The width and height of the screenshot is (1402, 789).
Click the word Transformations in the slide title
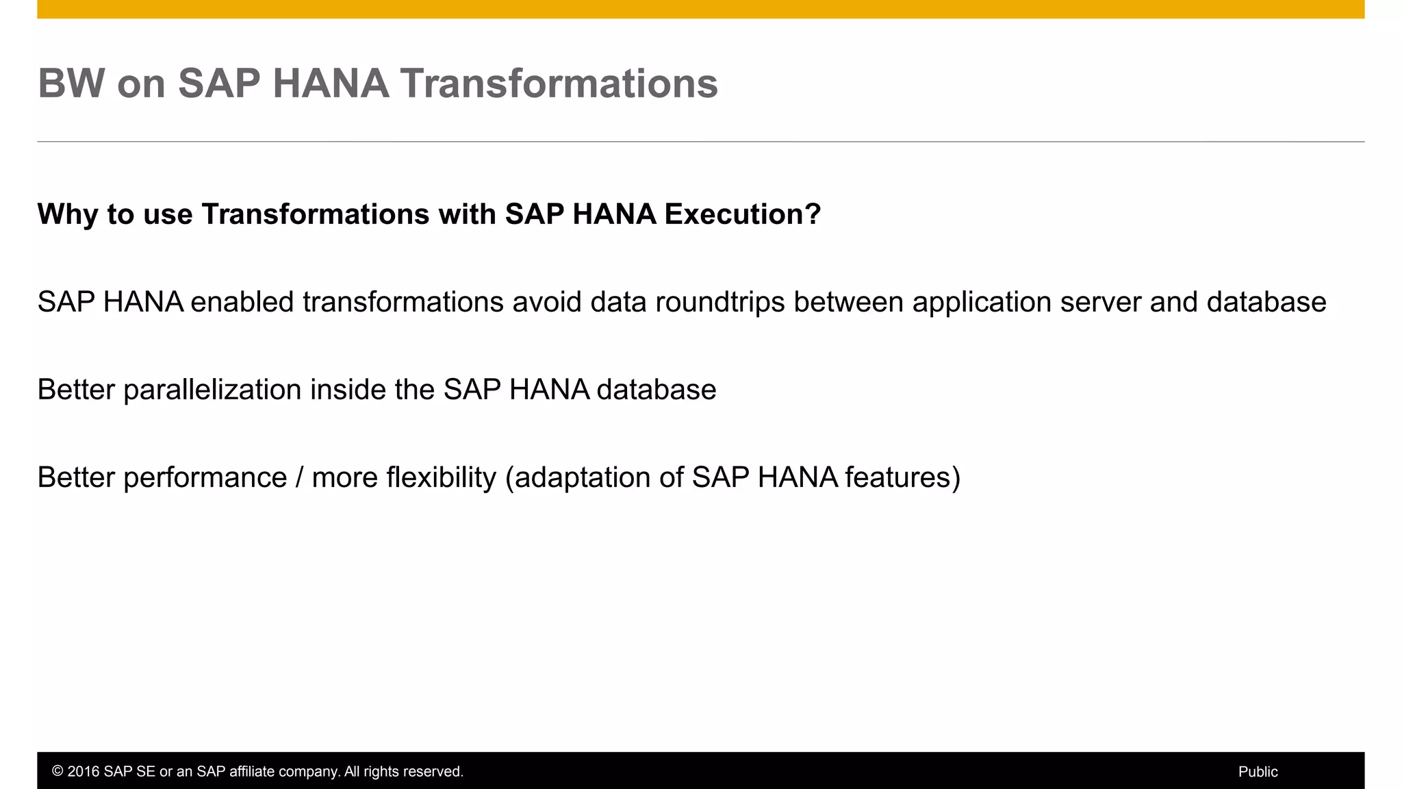click(559, 84)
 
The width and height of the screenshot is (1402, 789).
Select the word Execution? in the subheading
click(742, 214)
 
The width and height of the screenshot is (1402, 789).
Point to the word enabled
click(242, 302)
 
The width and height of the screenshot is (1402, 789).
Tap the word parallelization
click(212, 390)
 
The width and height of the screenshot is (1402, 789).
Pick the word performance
click(205, 477)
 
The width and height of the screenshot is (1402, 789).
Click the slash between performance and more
click(299, 477)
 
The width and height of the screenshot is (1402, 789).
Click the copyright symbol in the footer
click(58, 772)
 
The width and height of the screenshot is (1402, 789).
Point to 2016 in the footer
click(83, 772)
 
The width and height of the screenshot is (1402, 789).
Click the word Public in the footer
click(1258, 772)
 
